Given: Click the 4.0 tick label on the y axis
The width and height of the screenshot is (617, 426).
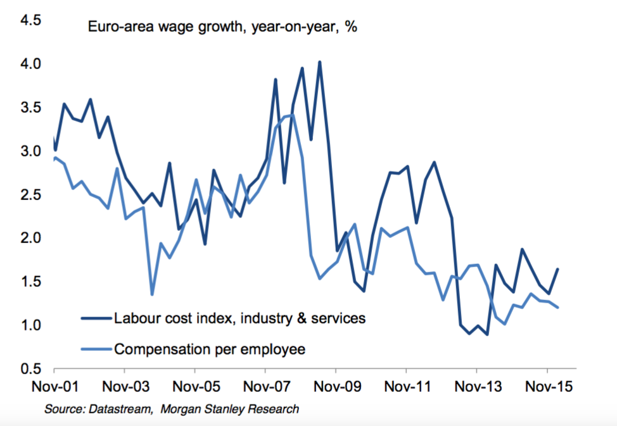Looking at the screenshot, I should click(31, 64).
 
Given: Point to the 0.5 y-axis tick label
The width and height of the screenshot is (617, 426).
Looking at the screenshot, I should click(31, 368).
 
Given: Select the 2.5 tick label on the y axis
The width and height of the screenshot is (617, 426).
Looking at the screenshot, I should click(31, 194).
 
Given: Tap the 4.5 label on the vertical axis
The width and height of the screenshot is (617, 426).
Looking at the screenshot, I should click(31, 20).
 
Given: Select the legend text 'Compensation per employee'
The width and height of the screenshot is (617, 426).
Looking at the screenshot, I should click(210, 348).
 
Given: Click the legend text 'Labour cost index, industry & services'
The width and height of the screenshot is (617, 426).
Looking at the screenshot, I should click(239, 318).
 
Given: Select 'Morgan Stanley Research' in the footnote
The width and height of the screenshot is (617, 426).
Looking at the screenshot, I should click(229, 410).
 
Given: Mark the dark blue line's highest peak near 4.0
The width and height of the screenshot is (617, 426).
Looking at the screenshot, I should click(320, 62).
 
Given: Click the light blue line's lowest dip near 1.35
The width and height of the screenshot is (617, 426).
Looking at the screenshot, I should click(152, 294).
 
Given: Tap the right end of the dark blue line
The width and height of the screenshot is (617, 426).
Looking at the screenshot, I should click(558, 269).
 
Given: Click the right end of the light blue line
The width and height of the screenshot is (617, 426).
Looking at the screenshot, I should click(558, 308).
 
